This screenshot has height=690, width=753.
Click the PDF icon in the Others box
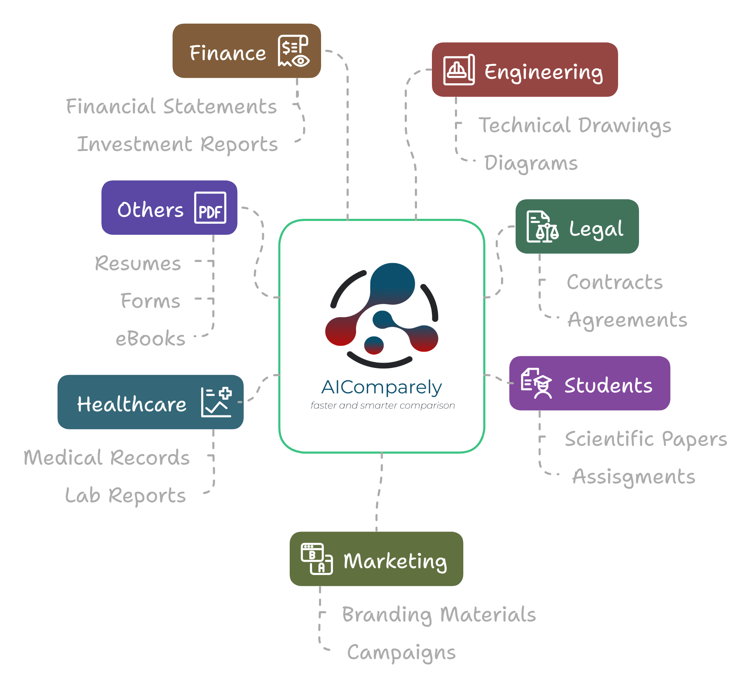click(210, 208)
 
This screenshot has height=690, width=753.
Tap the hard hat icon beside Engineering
click(459, 70)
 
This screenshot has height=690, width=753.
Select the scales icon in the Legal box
click(542, 227)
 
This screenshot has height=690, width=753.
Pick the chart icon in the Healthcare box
click(216, 402)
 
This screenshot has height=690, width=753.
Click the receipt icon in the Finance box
click(294, 51)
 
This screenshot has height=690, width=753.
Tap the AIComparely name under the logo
click(381, 387)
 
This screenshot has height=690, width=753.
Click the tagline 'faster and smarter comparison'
click(382, 406)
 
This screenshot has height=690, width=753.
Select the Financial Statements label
click(172, 106)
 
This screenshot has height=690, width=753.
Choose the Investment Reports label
click(177, 144)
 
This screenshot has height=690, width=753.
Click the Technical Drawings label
click(575, 125)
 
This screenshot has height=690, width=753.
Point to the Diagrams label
click(531, 163)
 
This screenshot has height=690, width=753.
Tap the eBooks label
click(151, 339)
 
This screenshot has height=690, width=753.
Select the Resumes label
click(138, 263)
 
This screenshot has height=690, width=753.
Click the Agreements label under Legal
click(627, 320)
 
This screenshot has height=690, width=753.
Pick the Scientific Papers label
click(646, 439)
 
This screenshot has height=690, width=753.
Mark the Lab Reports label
click(125, 496)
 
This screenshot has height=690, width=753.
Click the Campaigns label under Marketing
click(401, 652)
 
